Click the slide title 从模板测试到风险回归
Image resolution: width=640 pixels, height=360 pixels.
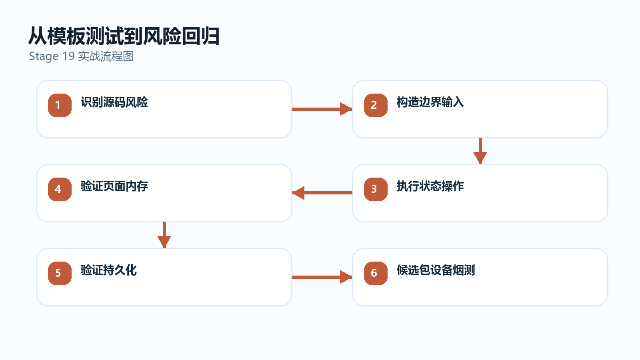click(x=124, y=36)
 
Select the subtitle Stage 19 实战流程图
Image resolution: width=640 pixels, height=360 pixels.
click(x=82, y=56)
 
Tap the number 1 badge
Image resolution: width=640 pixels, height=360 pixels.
click(x=60, y=105)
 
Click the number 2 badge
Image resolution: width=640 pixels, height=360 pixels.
click(x=376, y=105)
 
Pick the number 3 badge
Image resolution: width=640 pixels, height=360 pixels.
click(x=376, y=189)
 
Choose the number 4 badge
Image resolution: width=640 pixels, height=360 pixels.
click(x=60, y=189)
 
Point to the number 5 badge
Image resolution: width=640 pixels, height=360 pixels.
click(x=60, y=273)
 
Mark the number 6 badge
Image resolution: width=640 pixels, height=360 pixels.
click(x=376, y=273)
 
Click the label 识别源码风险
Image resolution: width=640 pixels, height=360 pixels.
click(x=114, y=102)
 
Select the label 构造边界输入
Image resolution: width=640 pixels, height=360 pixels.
click(x=430, y=102)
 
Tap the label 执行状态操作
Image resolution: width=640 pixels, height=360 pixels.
click(x=430, y=186)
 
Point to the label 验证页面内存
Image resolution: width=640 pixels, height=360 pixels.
click(x=114, y=186)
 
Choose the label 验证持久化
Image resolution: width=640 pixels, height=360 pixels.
click(x=109, y=270)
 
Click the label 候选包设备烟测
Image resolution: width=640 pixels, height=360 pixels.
click(x=436, y=270)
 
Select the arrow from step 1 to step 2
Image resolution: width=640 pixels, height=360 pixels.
click(x=322, y=109)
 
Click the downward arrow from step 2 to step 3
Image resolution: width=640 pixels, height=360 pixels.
click(x=480, y=151)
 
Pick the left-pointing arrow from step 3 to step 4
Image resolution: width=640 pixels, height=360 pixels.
click(x=322, y=193)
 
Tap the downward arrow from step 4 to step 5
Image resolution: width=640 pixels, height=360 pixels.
click(x=164, y=235)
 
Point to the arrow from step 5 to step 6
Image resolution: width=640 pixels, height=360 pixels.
click(x=322, y=277)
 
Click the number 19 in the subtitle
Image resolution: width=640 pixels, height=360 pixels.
click(x=68, y=56)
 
